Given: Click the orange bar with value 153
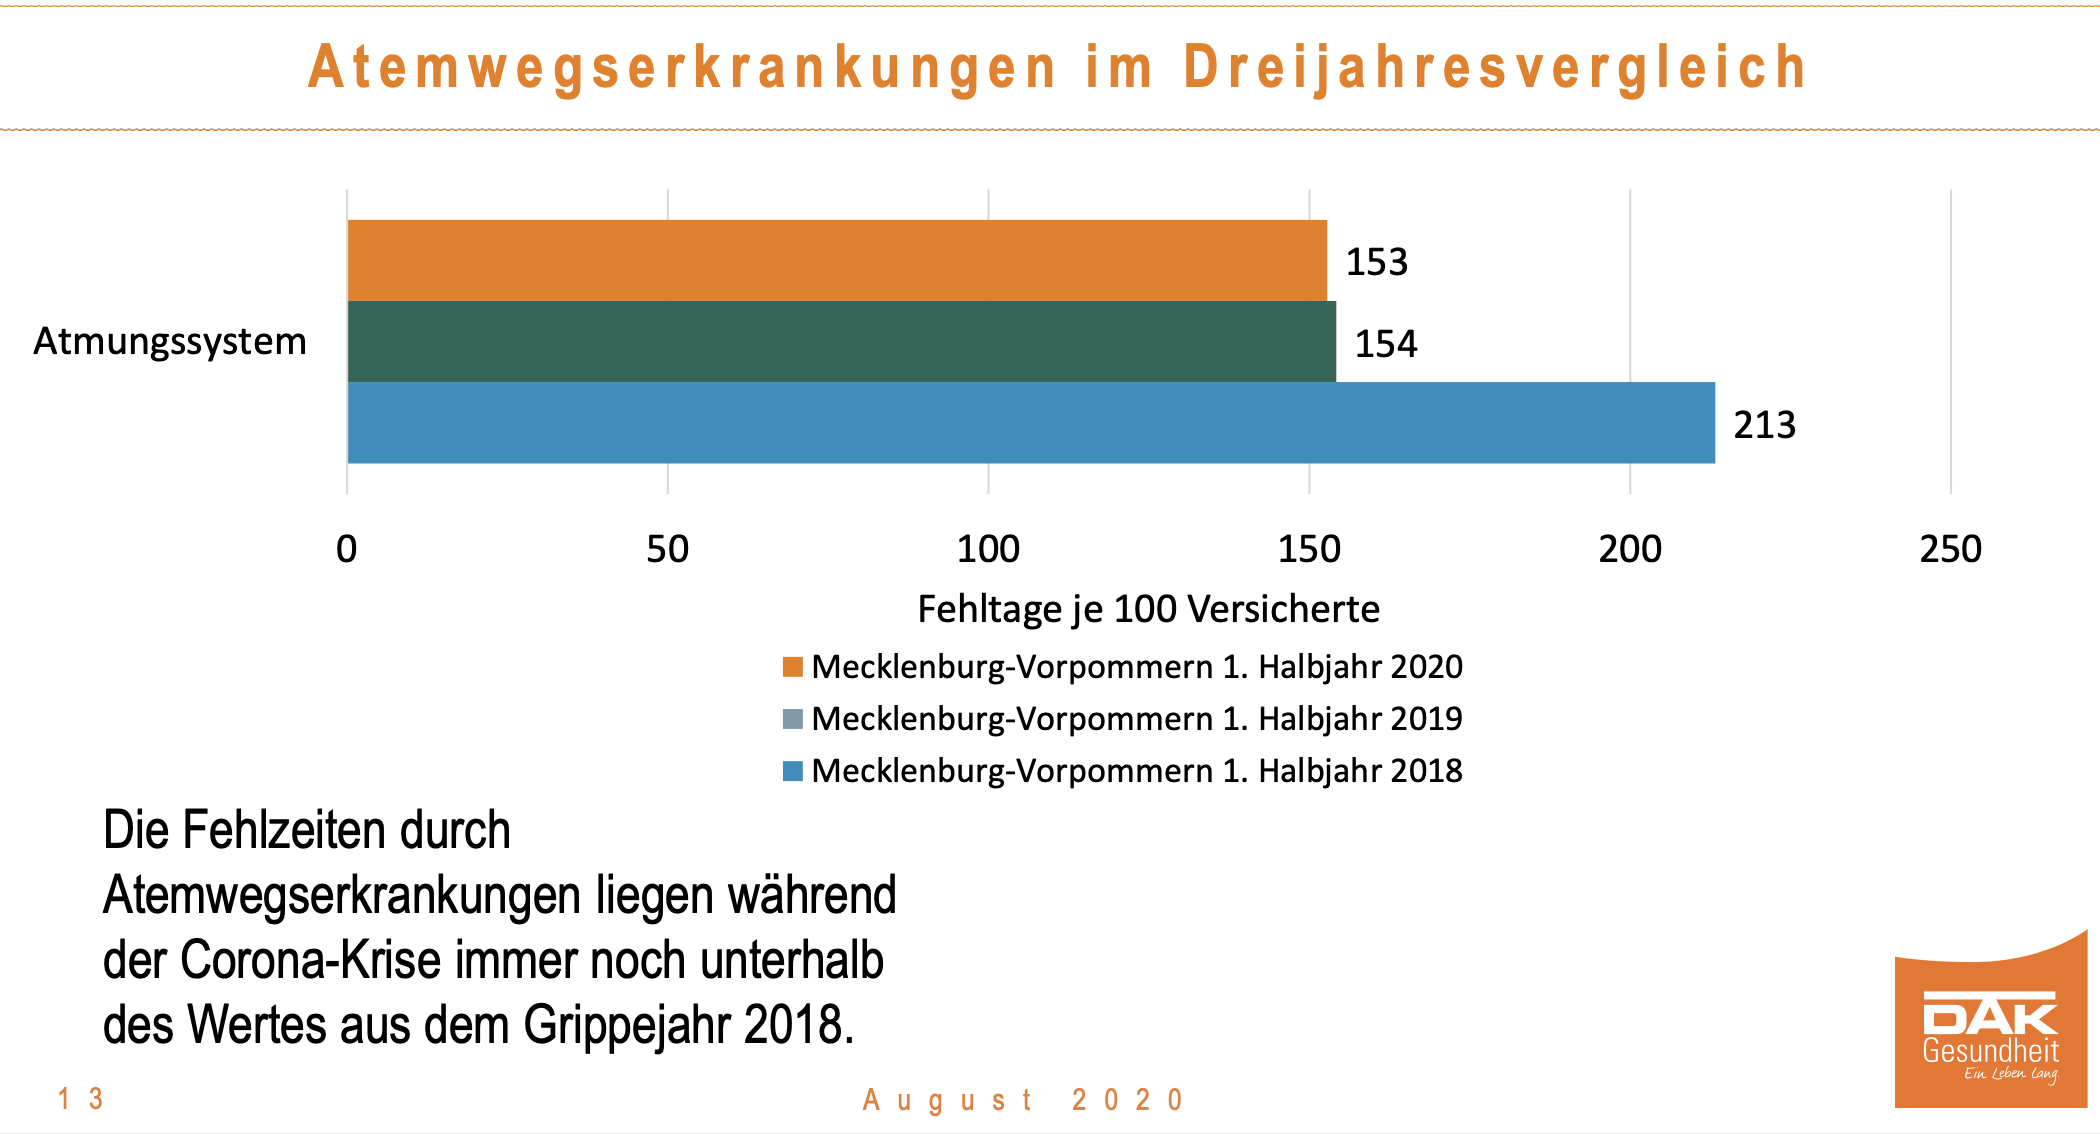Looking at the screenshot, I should (x=837, y=260).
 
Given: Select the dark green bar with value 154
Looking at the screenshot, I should (x=841, y=341).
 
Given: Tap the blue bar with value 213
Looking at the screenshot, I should (x=1031, y=422).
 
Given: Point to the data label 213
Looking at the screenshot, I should (x=1764, y=425).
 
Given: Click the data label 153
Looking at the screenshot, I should (x=1376, y=262).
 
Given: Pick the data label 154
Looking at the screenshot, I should (x=1385, y=344).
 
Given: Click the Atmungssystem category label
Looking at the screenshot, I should (x=170, y=341).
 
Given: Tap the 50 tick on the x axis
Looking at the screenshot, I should (x=667, y=549).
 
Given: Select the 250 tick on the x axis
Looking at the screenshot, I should (x=1950, y=549).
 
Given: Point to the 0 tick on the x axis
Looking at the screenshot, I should (x=346, y=549).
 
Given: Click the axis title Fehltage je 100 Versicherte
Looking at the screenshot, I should (x=1148, y=609).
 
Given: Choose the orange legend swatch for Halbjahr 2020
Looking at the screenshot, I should (x=793, y=667).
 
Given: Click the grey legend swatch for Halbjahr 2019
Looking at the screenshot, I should (x=793, y=719).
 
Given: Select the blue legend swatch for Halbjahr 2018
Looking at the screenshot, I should (x=793, y=771).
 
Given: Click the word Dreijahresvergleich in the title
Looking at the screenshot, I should (x=1495, y=68).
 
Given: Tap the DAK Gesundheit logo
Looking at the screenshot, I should (x=1990, y=1030).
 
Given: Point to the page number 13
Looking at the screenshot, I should (x=81, y=1099).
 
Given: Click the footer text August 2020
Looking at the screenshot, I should (x=1023, y=1100).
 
